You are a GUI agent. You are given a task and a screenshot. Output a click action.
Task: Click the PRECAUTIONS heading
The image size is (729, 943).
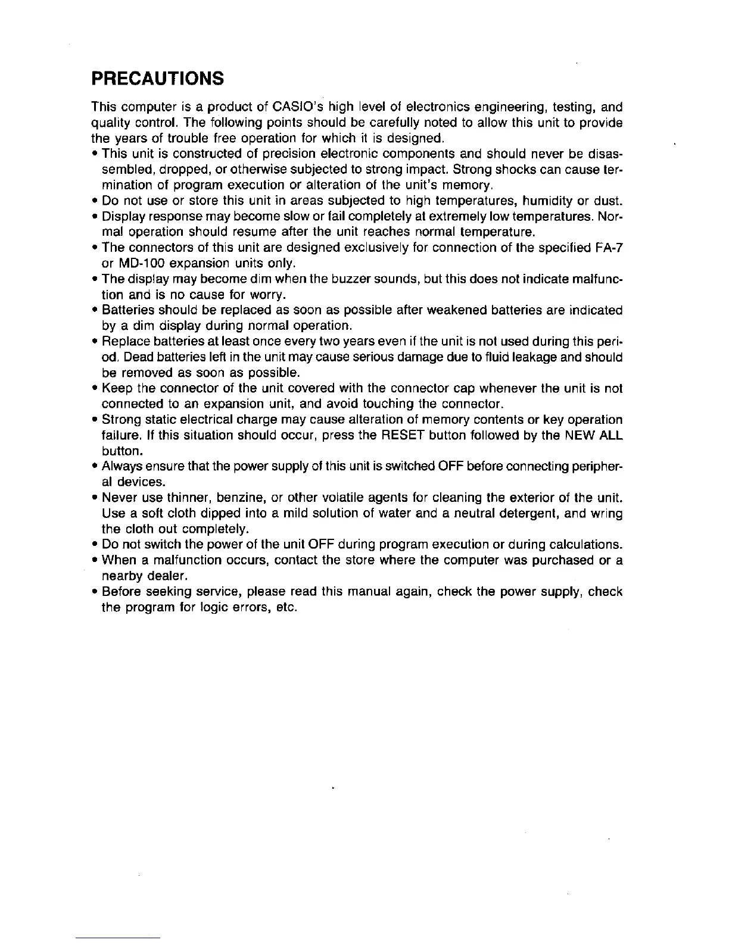(x=157, y=78)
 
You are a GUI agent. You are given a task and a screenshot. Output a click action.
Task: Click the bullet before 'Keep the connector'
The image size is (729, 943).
(x=95, y=389)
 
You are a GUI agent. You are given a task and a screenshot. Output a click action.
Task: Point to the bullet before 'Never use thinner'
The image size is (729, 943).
(x=95, y=498)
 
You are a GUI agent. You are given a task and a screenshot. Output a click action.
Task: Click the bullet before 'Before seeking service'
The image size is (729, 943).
(x=95, y=592)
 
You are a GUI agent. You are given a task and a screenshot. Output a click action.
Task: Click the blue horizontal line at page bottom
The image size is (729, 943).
(x=119, y=937)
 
